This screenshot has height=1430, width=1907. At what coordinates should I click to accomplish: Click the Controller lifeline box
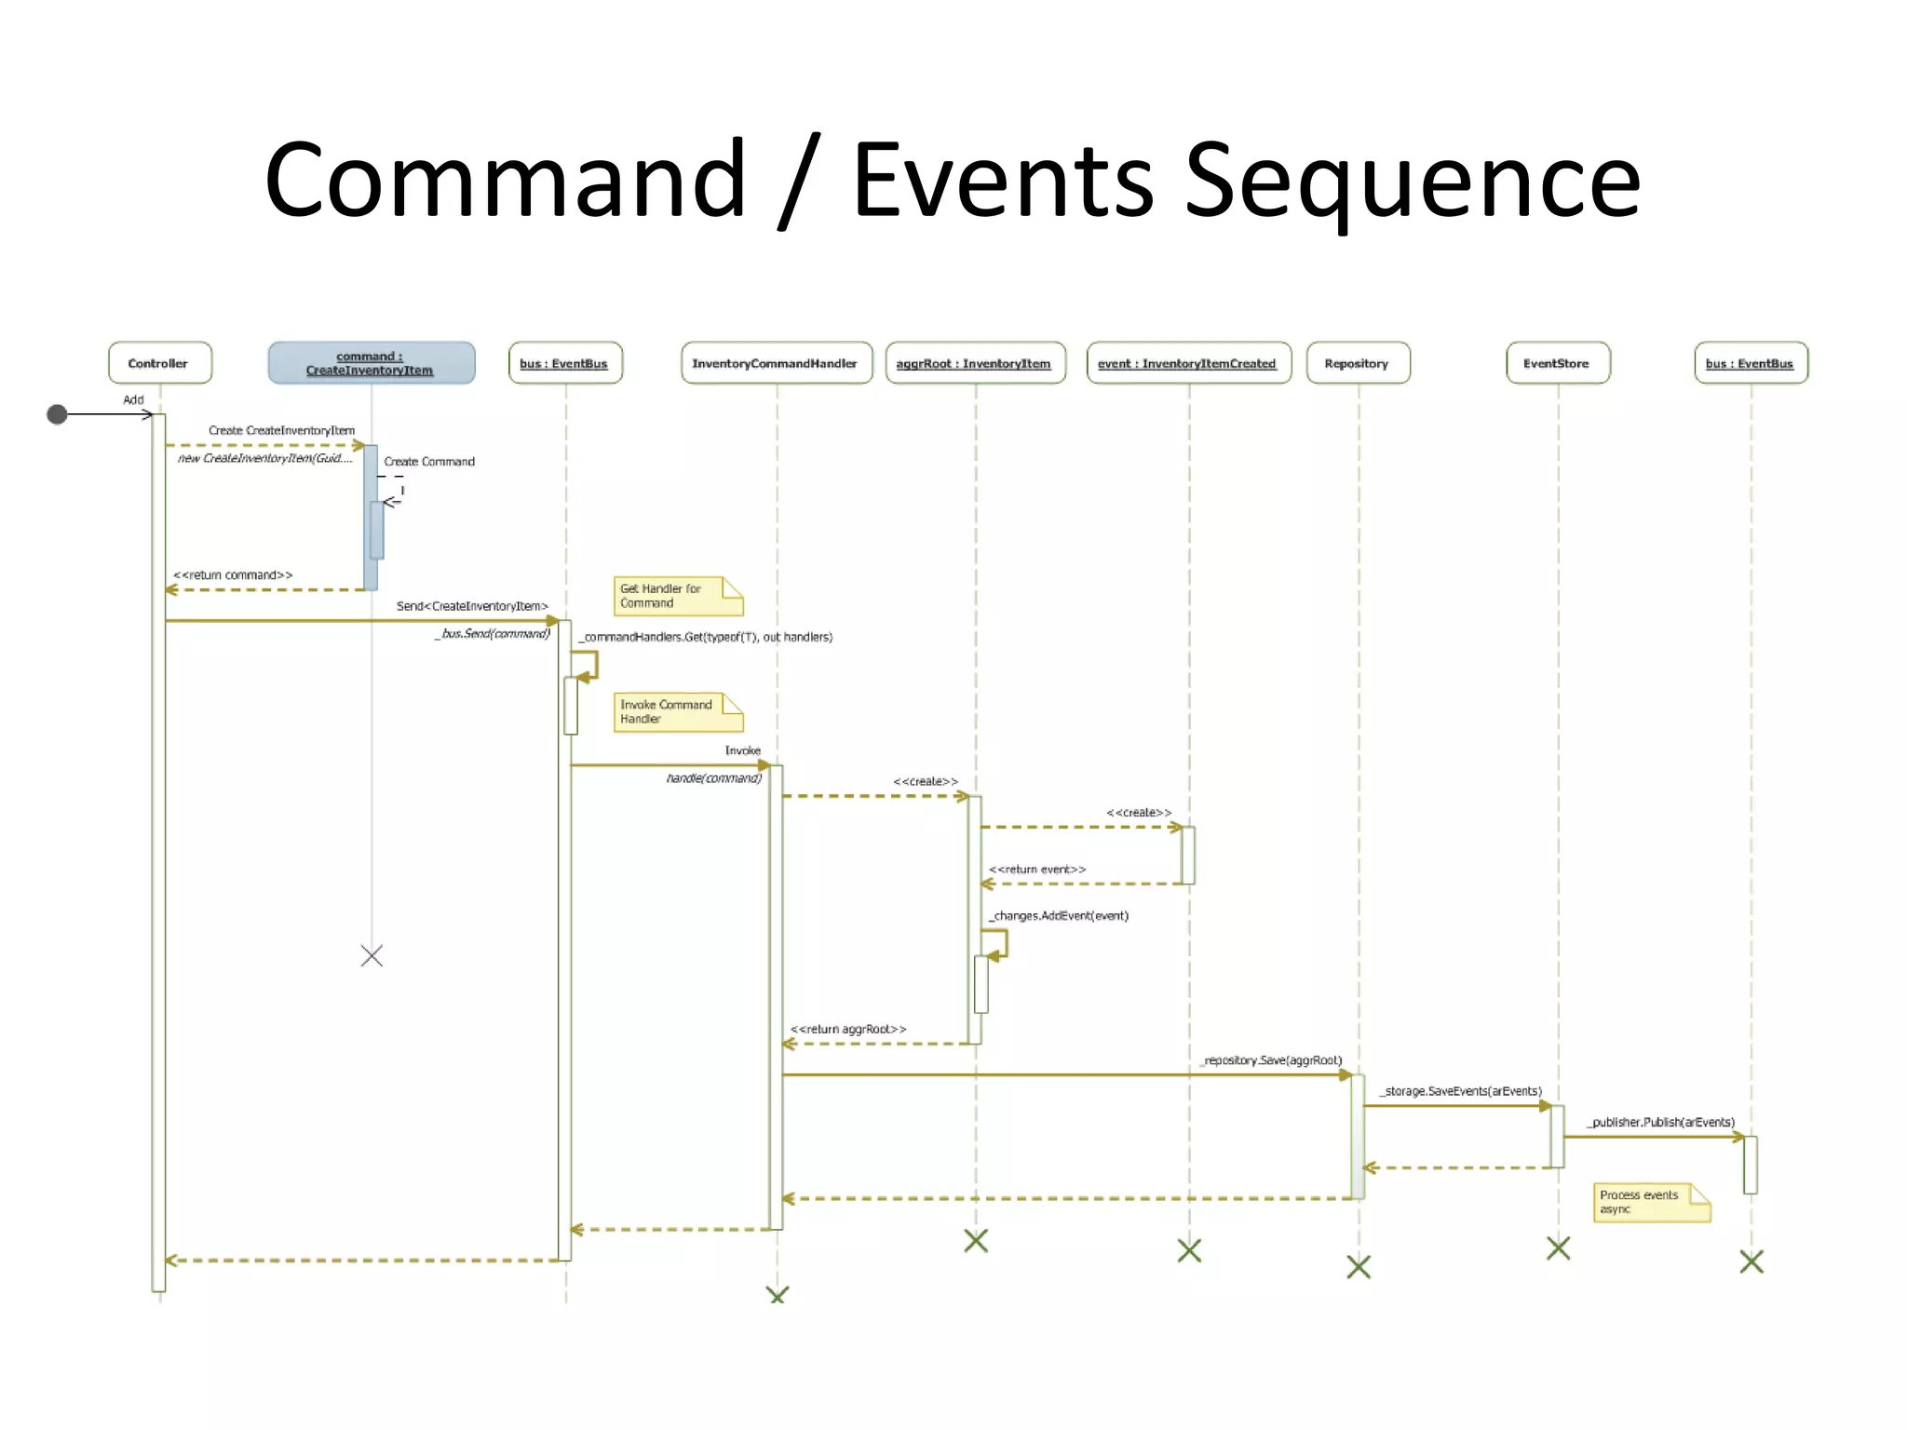(x=159, y=363)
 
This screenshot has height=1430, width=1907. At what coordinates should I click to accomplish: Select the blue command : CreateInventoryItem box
(x=371, y=363)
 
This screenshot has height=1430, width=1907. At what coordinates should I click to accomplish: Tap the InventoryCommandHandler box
(x=776, y=363)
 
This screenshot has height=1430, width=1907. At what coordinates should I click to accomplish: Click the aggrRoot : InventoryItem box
(x=974, y=363)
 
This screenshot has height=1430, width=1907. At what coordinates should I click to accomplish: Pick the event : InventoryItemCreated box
(x=1188, y=363)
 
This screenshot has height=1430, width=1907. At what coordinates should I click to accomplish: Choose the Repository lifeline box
(x=1358, y=363)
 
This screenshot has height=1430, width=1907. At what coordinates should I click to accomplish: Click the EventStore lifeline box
(x=1557, y=363)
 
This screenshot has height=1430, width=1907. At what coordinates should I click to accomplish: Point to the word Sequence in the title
(x=1412, y=182)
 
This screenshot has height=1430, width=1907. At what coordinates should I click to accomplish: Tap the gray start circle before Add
(x=57, y=414)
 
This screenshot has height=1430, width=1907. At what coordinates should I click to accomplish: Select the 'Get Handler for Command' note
(x=677, y=596)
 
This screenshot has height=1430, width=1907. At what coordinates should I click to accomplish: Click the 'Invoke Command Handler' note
(x=677, y=712)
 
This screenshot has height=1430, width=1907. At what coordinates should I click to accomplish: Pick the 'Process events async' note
(x=1651, y=1202)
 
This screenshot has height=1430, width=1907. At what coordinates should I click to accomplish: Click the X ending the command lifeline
(x=372, y=956)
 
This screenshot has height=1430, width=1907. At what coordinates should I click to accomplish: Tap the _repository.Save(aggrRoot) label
(x=1272, y=1060)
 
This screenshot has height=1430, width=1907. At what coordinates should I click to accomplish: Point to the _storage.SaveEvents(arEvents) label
(x=1461, y=1091)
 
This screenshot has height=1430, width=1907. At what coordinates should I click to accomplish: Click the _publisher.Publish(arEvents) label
(x=1662, y=1123)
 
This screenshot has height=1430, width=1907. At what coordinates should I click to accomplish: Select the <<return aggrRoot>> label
(x=847, y=1029)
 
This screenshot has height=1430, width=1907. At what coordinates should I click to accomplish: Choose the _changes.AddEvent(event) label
(x=1059, y=916)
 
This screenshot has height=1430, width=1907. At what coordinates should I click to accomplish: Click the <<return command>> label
(x=233, y=575)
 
